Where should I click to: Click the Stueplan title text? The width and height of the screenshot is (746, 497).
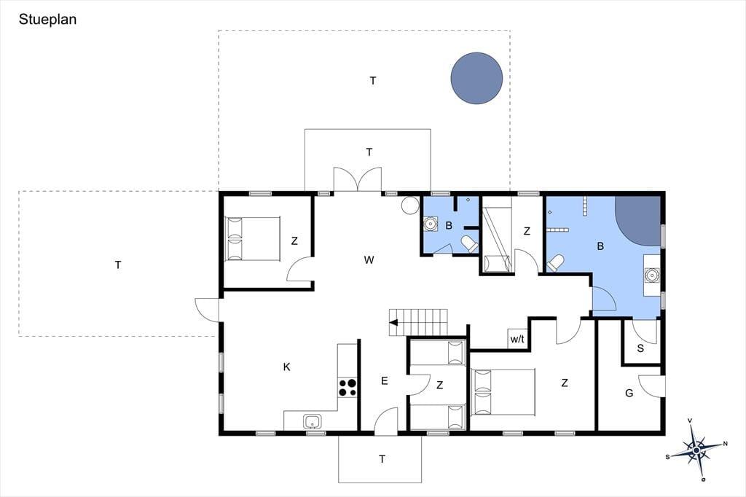click(x=47, y=20)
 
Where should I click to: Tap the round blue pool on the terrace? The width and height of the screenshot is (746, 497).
click(x=476, y=78)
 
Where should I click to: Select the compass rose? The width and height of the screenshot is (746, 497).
click(x=696, y=450)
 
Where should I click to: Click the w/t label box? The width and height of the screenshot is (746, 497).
click(x=517, y=338)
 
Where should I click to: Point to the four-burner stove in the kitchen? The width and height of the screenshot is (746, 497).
click(x=348, y=388)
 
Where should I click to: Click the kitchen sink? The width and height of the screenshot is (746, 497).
click(x=312, y=422)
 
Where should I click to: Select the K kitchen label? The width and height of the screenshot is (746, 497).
click(x=286, y=367)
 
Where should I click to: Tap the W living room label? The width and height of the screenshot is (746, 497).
click(x=369, y=260)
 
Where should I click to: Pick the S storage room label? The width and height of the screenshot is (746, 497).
click(x=640, y=348)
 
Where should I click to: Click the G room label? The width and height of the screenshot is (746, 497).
click(x=629, y=394)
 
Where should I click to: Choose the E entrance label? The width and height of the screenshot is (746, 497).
click(x=385, y=381)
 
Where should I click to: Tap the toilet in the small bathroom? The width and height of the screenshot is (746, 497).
click(x=470, y=243)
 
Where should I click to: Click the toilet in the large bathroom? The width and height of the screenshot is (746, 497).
click(x=555, y=263)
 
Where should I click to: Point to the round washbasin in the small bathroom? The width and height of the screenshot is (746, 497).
click(x=431, y=224)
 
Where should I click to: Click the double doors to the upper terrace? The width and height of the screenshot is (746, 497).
click(x=357, y=179)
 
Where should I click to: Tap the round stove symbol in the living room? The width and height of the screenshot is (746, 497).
click(x=409, y=206)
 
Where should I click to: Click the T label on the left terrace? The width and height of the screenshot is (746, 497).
click(x=118, y=265)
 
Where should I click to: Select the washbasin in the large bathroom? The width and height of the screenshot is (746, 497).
click(x=651, y=275)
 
